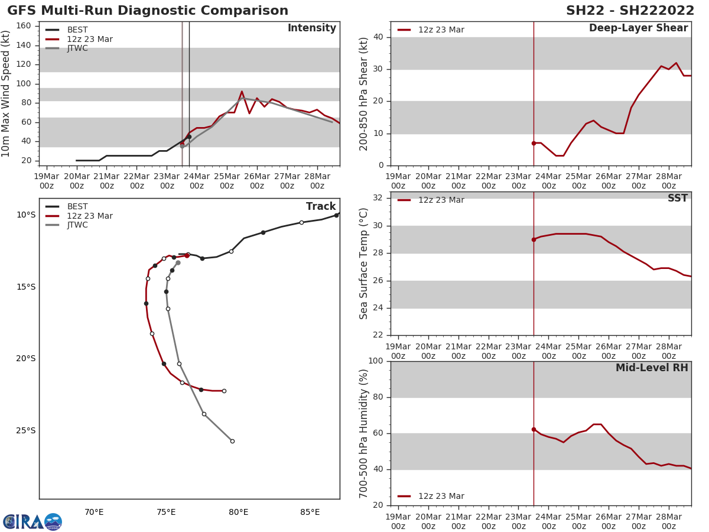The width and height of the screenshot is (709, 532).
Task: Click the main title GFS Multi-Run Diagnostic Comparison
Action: [148, 11]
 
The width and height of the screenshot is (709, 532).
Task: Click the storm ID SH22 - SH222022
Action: [630, 11]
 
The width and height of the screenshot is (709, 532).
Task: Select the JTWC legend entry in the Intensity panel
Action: [77, 48]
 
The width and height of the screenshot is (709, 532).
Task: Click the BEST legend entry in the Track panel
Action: [77, 207]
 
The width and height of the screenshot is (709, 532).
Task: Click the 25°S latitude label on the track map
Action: [26, 430]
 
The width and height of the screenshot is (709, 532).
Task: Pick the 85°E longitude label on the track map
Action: [310, 512]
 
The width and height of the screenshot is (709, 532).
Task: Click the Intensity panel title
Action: [311, 28]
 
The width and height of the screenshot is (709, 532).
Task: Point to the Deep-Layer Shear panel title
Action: [638, 28]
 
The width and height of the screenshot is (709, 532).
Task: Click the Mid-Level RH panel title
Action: [652, 368]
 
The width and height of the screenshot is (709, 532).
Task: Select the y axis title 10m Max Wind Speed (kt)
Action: [6, 93]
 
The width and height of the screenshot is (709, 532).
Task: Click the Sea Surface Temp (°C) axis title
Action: [364, 263]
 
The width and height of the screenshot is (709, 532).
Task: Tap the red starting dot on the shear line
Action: [534, 143]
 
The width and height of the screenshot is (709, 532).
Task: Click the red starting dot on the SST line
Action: [534, 239]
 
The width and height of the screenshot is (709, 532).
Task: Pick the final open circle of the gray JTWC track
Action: [232, 441]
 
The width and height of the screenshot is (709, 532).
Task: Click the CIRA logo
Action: [32, 522]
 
